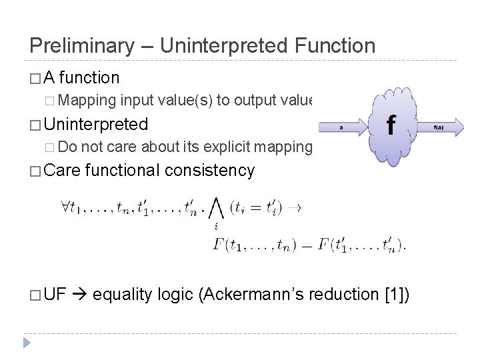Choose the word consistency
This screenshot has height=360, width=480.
[209, 171]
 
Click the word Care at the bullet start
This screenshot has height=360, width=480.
[63, 171]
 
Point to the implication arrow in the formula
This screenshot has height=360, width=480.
[295, 207]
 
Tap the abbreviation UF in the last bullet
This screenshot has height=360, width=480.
[57, 294]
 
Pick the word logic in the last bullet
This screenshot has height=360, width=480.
[174, 294]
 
